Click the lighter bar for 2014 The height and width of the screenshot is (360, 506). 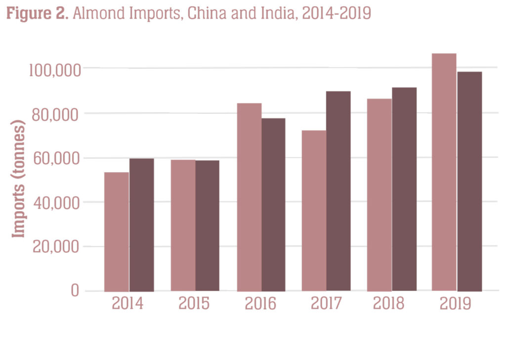117,232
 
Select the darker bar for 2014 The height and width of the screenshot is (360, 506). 142,225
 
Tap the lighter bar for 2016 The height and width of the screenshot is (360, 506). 249,197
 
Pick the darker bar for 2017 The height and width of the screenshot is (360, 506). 338,191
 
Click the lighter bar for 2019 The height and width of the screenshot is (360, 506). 444,173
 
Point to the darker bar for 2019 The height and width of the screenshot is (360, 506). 469,181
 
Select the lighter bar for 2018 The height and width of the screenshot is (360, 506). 379,195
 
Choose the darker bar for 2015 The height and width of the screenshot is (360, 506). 207,226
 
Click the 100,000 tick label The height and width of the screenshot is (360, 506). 55,70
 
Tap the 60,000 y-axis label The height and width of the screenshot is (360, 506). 56,159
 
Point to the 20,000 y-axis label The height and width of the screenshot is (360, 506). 56,247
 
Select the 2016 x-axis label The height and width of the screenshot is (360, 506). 260,304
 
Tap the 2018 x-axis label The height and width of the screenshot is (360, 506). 388,304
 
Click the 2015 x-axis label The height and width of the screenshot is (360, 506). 194,304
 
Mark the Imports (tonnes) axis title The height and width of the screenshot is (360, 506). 18,179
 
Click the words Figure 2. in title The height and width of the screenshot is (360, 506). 37,13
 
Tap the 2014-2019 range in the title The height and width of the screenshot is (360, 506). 337,13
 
